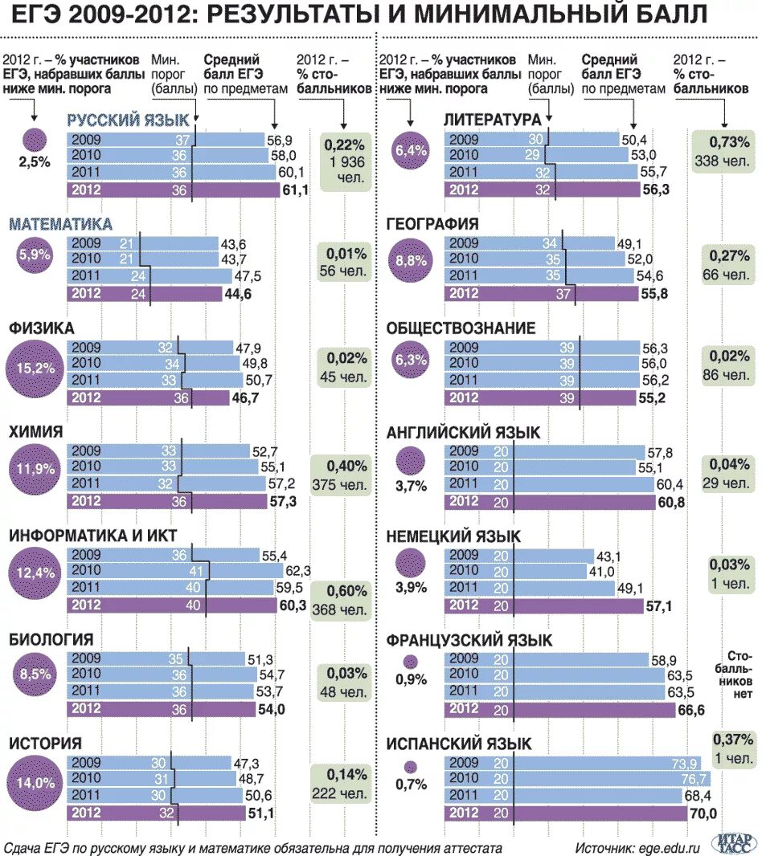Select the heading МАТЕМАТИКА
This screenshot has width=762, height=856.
[x=60, y=224]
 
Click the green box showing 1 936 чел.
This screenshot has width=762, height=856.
[x=346, y=161]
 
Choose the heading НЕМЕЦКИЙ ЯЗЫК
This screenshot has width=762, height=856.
[x=453, y=536]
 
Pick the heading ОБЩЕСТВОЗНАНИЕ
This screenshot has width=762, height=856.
[x=460, y=328]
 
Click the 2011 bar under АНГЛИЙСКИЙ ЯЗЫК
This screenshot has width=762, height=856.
[x=550, y=484]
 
